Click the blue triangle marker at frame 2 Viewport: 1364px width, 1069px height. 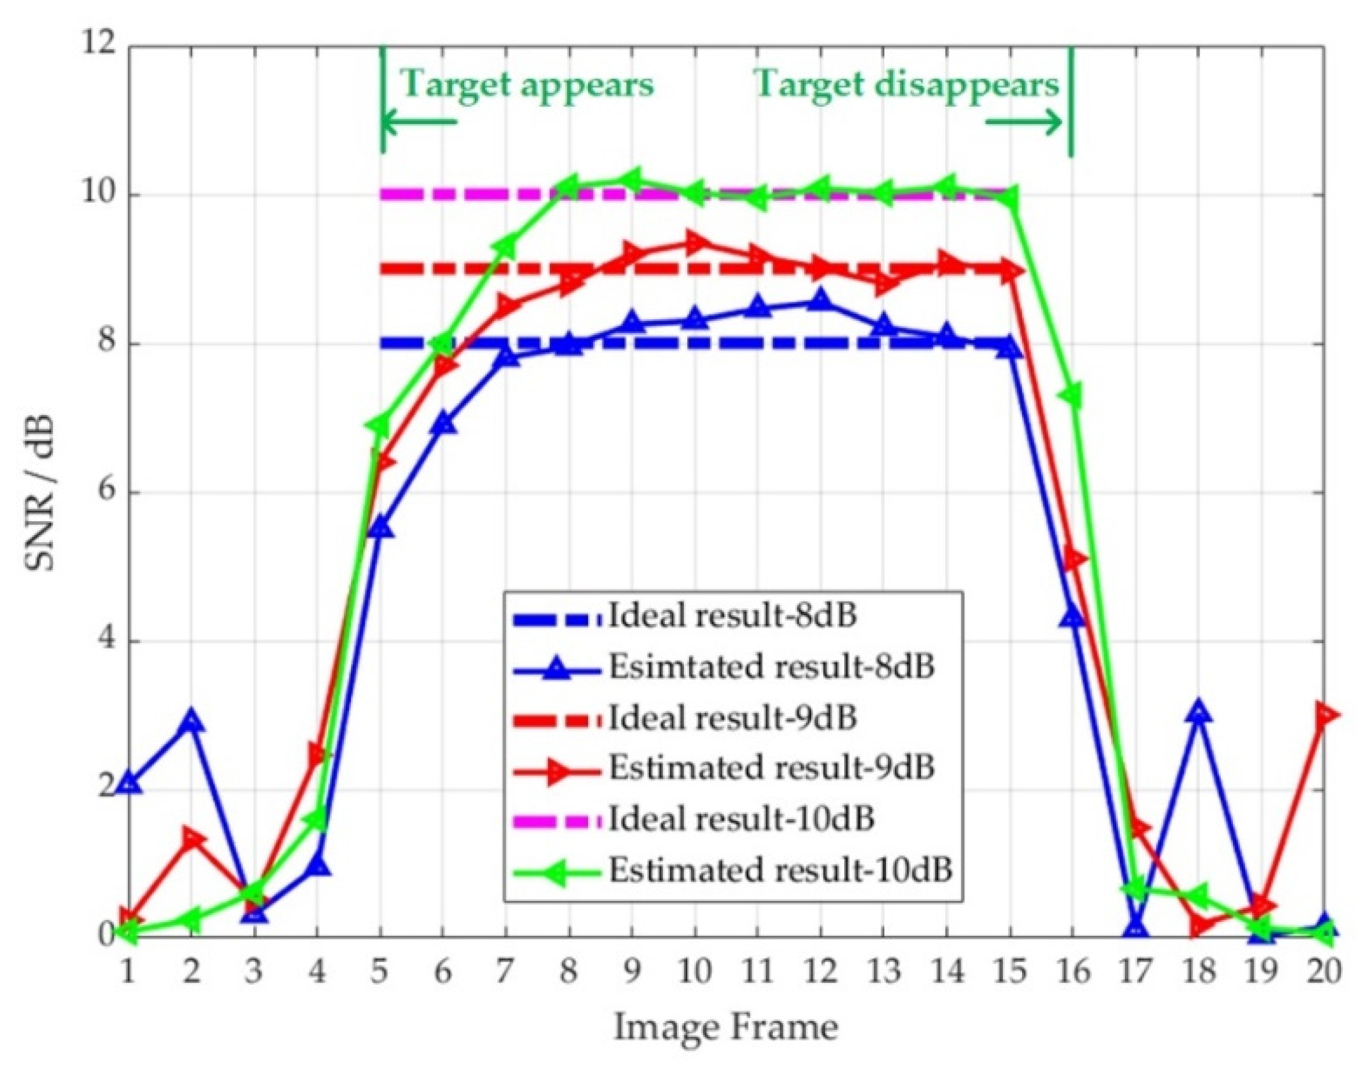tap(190, 722)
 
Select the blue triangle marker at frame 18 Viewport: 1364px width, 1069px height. tap(1198, 712)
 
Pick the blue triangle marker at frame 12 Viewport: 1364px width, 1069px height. tap(820, 300)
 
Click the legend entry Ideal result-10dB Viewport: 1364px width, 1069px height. tap(740, 819)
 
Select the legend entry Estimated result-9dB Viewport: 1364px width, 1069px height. tap(770, 768)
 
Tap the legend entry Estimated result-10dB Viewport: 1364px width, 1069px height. tap(779, 870)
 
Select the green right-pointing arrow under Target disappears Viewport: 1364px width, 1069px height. tap(1023, 121)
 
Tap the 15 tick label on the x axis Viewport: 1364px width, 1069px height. tap(1010, 972)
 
